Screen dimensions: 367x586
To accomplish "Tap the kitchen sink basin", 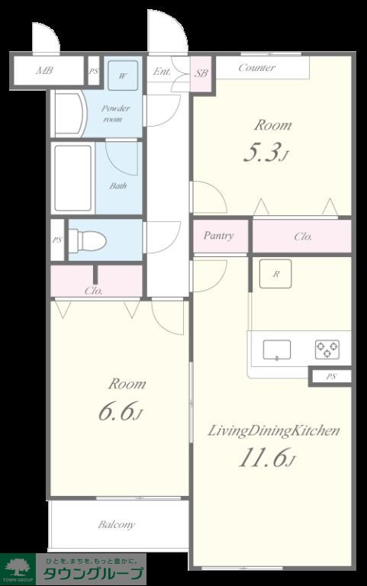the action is click(x=276, y=350).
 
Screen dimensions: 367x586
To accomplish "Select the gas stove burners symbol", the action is click(x=327, y=349).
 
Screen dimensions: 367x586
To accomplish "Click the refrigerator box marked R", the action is click(x=275, y=274).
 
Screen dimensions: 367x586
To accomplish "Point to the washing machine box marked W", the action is click(x=123, y=76).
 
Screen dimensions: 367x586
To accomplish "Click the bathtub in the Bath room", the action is click(x=73, y=178).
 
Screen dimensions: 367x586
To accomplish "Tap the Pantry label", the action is click(x=219, y=236).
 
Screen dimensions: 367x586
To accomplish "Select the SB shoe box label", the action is click(x=201, y=73).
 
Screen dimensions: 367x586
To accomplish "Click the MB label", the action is click(x=44, y=70).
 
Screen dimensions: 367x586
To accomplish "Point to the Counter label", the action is click(x=257, y=68).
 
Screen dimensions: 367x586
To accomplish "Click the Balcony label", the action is click(x=116, y=525).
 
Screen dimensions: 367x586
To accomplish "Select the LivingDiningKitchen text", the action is click(x=274, y=431).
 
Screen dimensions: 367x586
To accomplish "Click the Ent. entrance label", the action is click(x=162, y=71).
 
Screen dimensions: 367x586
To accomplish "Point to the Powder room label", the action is click(x=115, y=114).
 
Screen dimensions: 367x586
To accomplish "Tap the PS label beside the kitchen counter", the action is click(x=331, y=376).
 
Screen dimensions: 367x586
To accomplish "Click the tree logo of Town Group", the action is click(x=18, y=567).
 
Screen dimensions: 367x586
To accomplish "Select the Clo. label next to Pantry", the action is click(x=303, y=237).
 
